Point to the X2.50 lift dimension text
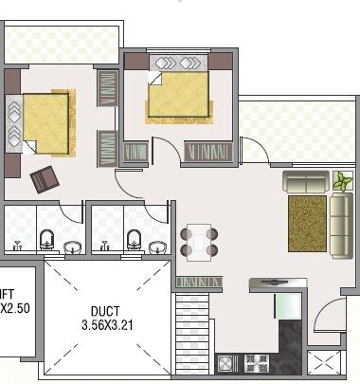point(16,309)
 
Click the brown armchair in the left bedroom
point(44,176)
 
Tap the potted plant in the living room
point(340,179)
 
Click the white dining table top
point(198,240)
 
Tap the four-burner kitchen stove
point(253,363)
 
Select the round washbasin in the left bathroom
point(73,248)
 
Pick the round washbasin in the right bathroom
point(158,248)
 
